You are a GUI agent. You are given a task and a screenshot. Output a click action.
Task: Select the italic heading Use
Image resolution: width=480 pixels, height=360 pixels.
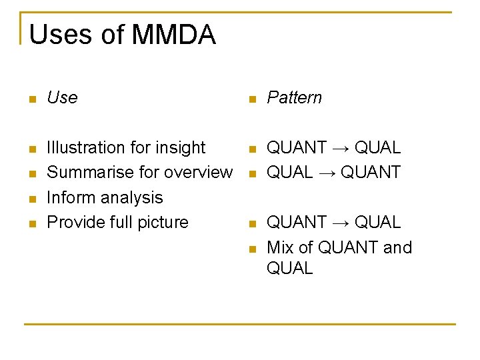point(62,97)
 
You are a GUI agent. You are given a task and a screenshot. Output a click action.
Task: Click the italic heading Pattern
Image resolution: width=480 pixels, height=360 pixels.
point(294,97)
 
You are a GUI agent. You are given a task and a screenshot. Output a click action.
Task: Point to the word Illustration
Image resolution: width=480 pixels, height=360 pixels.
point(88,147)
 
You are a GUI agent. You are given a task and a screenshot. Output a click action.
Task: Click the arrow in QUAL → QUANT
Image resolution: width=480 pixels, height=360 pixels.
point(326,172)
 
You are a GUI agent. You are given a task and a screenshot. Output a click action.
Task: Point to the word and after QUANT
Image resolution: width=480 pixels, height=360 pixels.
point(397,247)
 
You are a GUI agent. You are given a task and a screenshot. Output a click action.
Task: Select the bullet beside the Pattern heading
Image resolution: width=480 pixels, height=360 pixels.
point(251,100)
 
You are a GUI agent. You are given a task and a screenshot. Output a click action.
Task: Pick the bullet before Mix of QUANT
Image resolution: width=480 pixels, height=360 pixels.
point(251,249)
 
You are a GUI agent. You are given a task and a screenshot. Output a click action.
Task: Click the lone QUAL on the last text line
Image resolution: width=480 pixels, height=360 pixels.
point(289,268)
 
